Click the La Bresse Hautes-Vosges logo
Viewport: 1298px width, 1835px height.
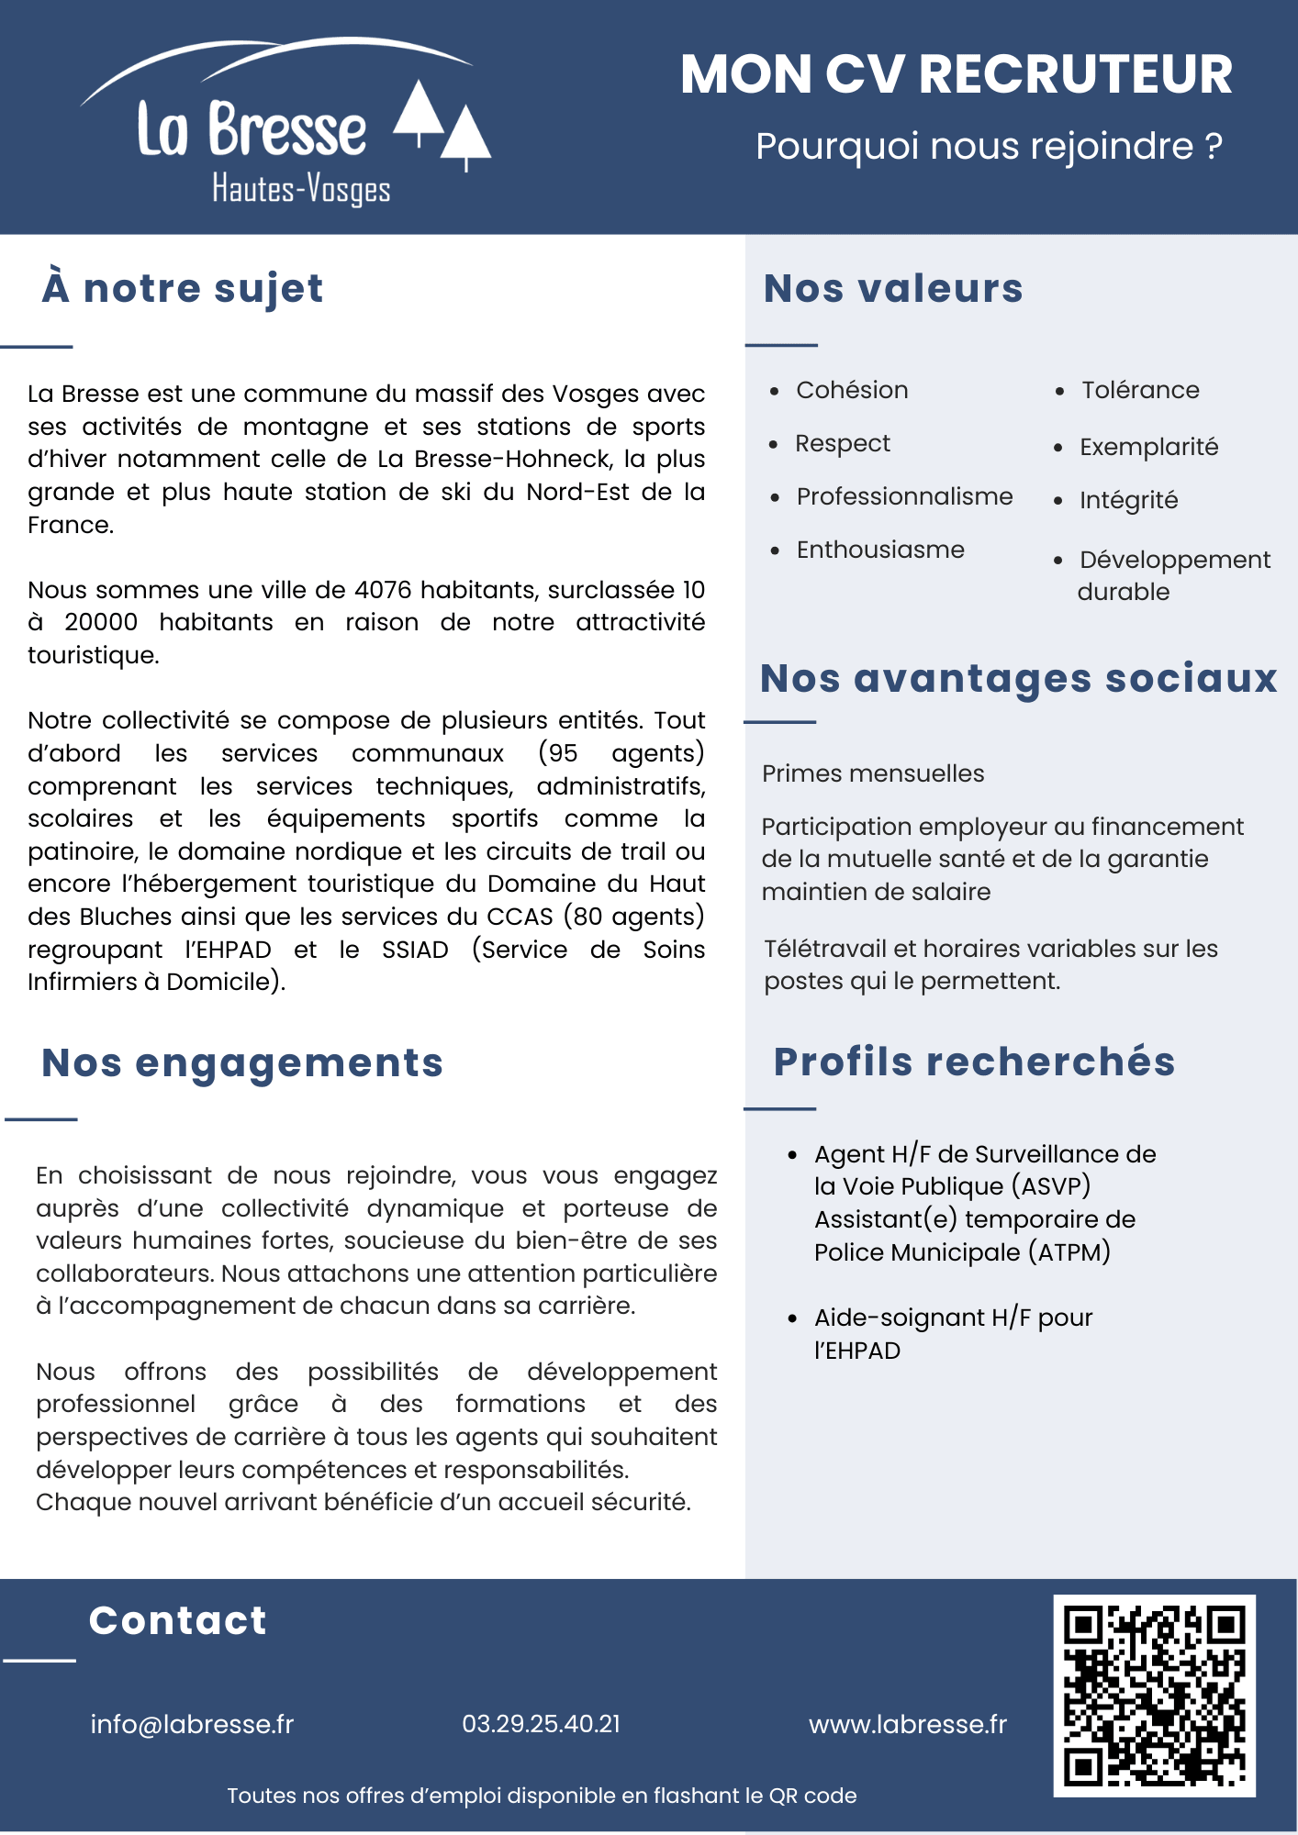click(x=285, y=124)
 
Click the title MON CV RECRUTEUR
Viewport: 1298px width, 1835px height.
click(x=956, y=74)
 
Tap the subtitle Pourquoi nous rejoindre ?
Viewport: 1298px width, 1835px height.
click(x=989, y=147)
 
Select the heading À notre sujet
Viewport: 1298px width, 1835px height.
click(x=183, y=288)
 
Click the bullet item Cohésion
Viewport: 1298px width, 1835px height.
click(x=852, y=390)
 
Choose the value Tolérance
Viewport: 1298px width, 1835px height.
click(x=1140, y=390)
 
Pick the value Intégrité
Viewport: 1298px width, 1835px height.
click(x=1128, y=500)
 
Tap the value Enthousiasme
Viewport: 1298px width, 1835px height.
click(x=880, y=550)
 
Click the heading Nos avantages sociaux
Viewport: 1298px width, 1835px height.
click(x=1019, y=679)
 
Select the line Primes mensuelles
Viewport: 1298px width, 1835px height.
click(x=873, y=773)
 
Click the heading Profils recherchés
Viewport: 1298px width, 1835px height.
click(x=974, y=1062)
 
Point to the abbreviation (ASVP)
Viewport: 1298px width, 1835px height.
click(x=1051, y=1186)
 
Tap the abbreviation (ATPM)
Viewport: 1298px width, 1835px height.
click(x=1069, y=1252)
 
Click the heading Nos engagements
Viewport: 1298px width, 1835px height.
click(x=242, y=1063)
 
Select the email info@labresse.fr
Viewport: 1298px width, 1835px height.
click(x=192, y=1724)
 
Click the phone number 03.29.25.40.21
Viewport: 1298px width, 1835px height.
click(x=541, y=1724)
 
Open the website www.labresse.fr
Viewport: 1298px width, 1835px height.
click(x=908, y=1724)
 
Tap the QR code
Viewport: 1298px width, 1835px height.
click(x=1154, y=1696)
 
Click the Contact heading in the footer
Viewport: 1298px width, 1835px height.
click(x=177, y=1621)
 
